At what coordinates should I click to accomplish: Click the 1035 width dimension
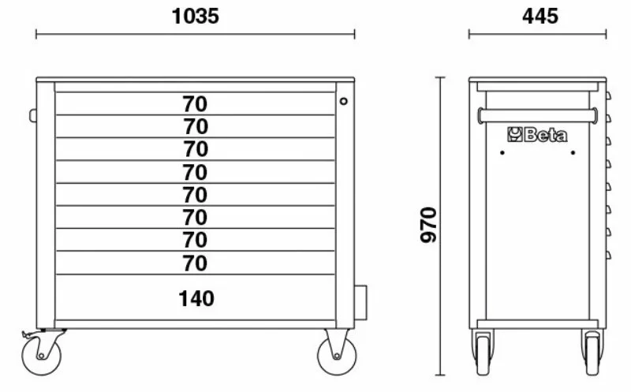click(x=195, y=17)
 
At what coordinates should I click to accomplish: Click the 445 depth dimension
click(x=540, y=17)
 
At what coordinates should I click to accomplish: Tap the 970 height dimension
click(x=428, y=225)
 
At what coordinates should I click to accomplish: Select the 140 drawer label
click(x=196, y=299)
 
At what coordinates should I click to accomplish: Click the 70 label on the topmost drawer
click(x=195, y=104)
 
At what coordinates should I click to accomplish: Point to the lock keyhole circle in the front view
click(x=343, y=101)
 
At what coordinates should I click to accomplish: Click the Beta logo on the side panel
click(x=537, y=135)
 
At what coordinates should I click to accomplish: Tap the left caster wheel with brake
click(x=41, y=356)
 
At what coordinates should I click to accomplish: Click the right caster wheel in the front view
click(x=337, y=356)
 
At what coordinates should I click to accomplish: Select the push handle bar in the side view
click(x=537, y=115)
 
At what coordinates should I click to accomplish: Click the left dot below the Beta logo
click(x=502, y=152)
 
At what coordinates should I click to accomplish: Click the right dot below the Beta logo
click(x=573, y=152)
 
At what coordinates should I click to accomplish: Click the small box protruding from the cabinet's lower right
click(x=361, y=303)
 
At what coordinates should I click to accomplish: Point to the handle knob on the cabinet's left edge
click(x=32, y=115)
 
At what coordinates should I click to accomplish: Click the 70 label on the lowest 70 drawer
click(x=195, y=263)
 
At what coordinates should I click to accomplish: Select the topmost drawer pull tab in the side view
click(x=608, y=95)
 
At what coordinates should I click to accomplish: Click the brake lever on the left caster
click(x=28, y=334)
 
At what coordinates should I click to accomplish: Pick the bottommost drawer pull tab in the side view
click(x=608, y=255)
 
